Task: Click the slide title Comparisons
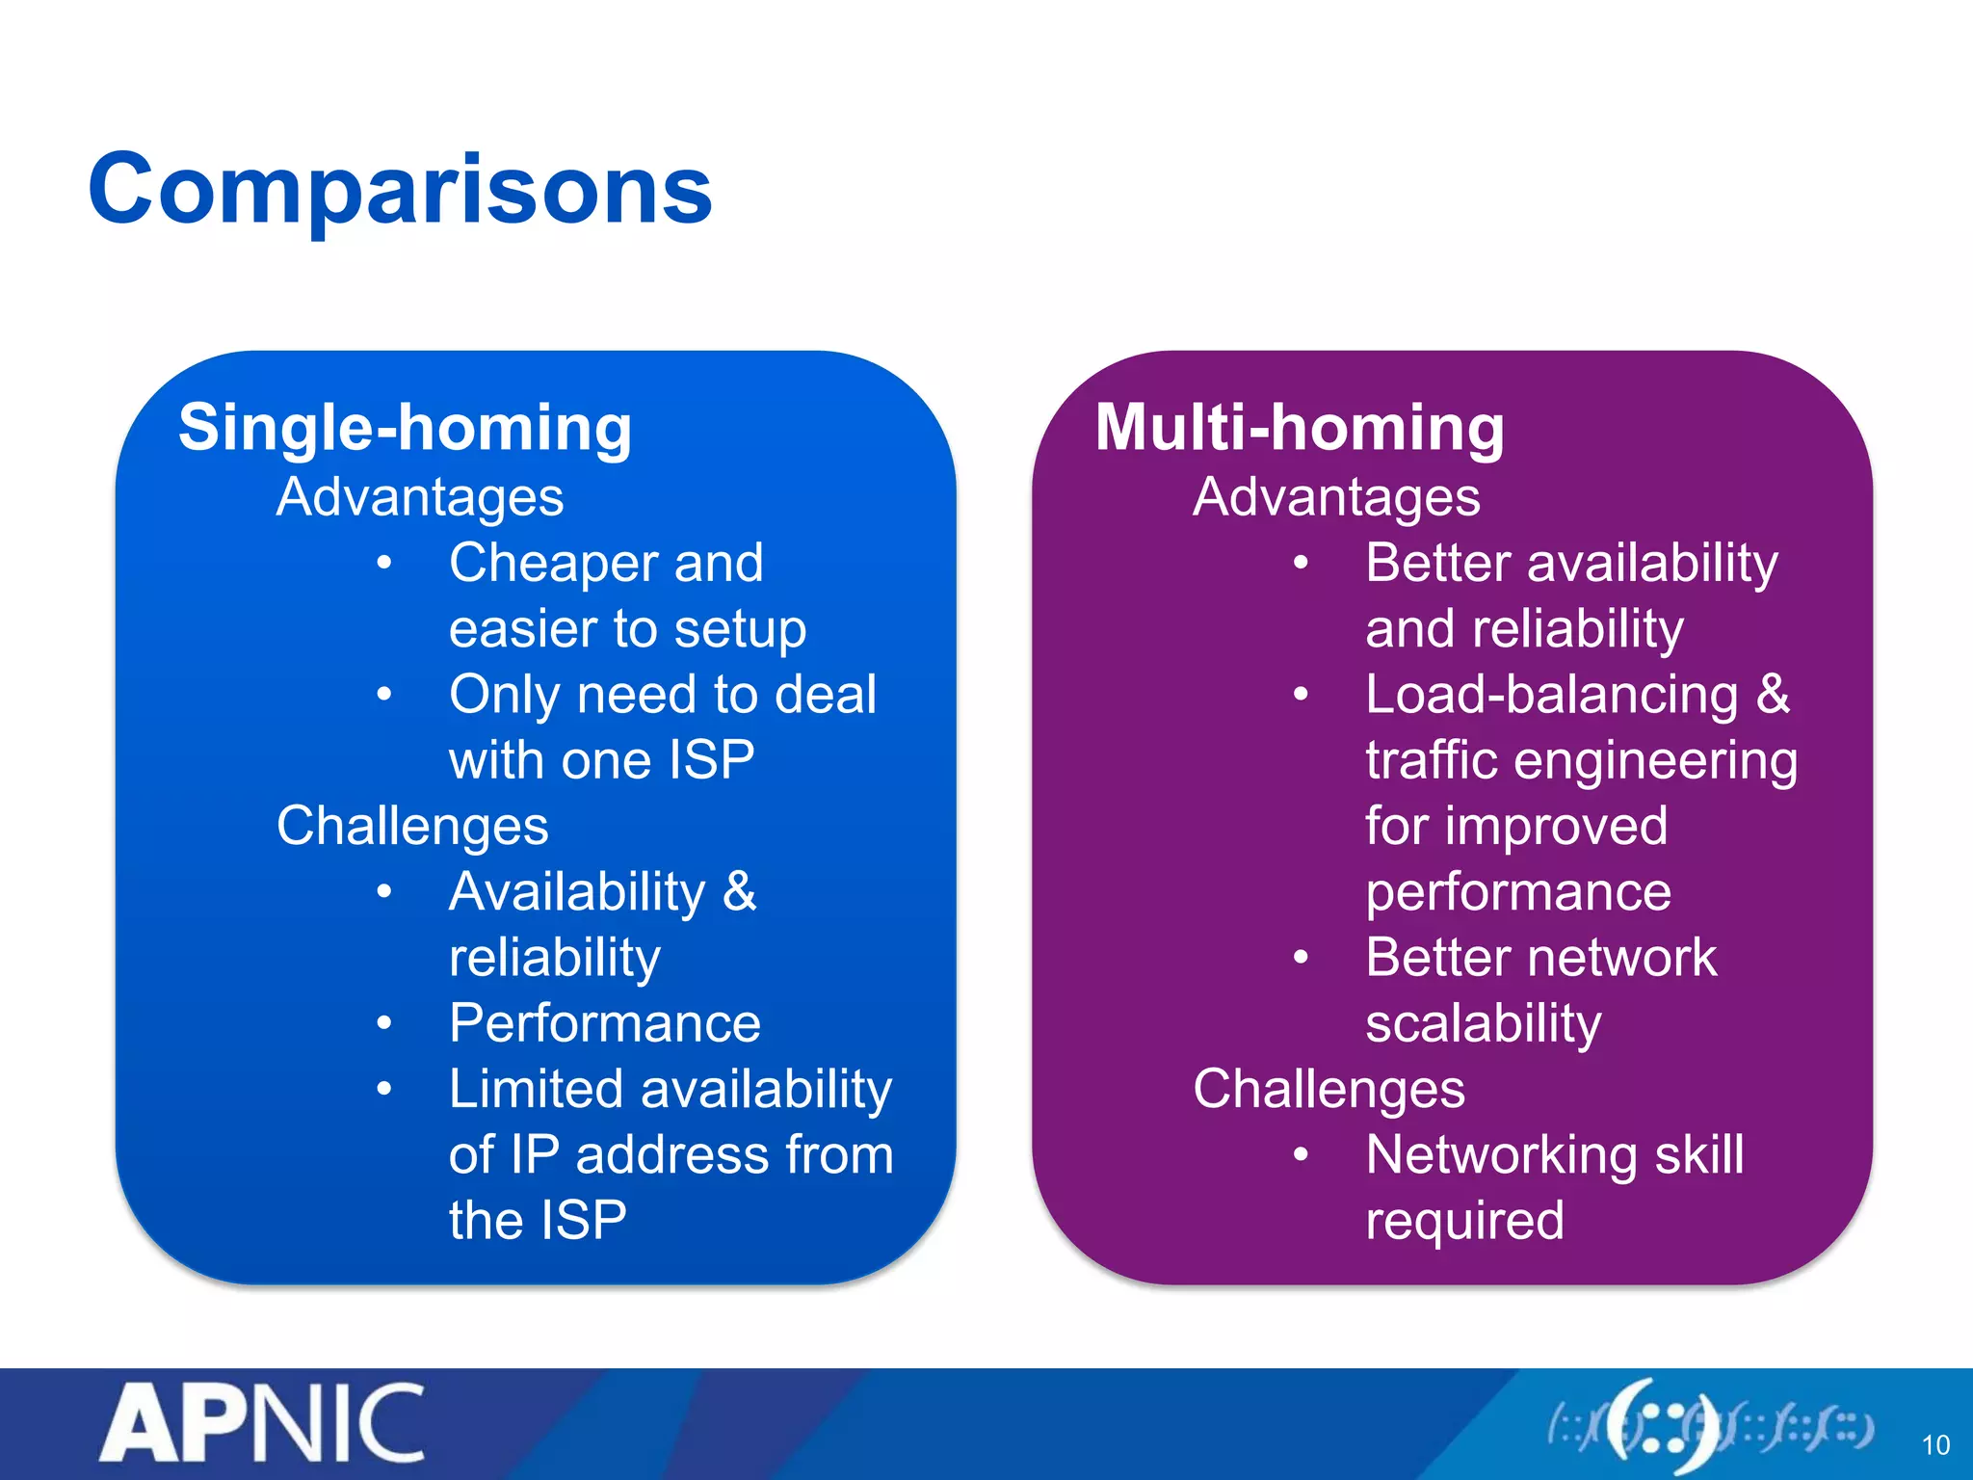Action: click(x=400, y=190)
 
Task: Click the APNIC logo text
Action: click(x=262, y=1424)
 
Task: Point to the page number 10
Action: click(x=1934, y=1445)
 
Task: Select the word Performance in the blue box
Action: click(x=605, y=1023)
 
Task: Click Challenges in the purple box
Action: click(x=1328, y=1089)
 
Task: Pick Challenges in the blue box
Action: click(x=412, y=826)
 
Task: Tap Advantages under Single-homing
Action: click(x=420, y=497)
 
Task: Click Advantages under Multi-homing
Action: click(x=1336, y=497)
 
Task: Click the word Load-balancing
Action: click(x=1552, y=695)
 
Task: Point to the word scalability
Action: click(x=1484, y=1023)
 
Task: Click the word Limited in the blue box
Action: click(x=537, y=1090)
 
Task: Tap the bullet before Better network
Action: click(x=1301, y=958)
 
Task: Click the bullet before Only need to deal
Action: click(x=384, y=695)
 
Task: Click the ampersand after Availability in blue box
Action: click(x=739, y=891)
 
